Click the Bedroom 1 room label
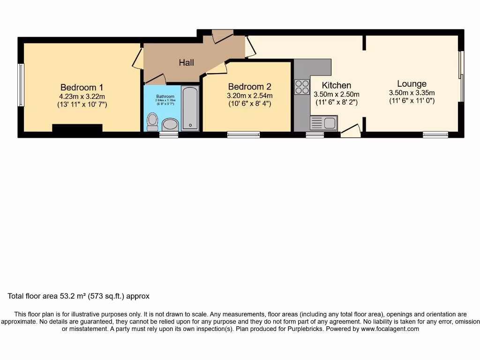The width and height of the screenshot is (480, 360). tap(82, 87)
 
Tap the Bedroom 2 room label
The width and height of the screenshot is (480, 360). tap(249, 87)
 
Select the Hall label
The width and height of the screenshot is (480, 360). tap(186, 62)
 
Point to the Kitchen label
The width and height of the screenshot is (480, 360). tap(337, 85)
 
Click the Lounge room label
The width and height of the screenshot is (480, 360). tap(412, 84)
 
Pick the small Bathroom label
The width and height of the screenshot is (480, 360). tap(165, 97)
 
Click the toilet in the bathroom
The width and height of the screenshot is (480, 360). tap(152, 121)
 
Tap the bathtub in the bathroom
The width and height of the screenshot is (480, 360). tap(190, 107)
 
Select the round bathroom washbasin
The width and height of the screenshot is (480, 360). tap(170, 124)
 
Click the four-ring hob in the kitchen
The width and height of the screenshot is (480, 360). tap(302, 87)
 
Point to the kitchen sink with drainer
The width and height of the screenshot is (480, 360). tap(323, 123)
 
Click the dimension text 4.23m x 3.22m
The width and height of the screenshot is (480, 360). tap(82, 97)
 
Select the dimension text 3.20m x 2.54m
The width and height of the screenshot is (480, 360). tap(249, 96)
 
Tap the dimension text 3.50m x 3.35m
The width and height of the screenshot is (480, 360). tap(412, 93)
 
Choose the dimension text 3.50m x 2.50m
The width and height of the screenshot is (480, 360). tap(337, 94)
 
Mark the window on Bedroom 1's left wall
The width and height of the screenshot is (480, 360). tap(21, 85)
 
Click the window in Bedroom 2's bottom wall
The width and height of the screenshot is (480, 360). tap(243, 135)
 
